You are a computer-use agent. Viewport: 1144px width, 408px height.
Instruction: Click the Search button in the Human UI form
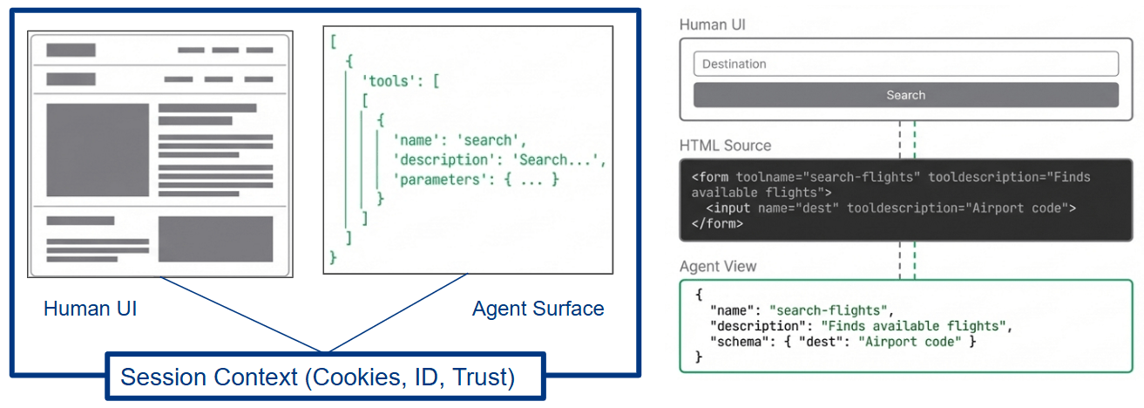tap(905, 95)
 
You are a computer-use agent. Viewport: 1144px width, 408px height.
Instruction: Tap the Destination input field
tap(905, 64)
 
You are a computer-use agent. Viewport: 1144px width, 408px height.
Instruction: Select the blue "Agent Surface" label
tap(538, 309)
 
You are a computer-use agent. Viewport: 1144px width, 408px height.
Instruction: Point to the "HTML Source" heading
tap(725, 146)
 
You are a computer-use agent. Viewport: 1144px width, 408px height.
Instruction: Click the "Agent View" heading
tap(718, 266)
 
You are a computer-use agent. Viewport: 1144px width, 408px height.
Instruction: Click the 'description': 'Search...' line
tap(498, 160)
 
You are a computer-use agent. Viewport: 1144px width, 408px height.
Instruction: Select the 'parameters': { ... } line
tap(476, 179)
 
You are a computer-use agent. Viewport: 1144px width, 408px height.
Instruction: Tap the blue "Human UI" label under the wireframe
tap(90, 309)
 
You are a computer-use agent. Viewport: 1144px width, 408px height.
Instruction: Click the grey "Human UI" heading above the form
tap(712, 24)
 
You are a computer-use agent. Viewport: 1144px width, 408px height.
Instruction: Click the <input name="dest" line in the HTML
tap(784, 208)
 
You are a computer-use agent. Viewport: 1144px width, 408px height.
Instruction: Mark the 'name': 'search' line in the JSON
tap(460, 139)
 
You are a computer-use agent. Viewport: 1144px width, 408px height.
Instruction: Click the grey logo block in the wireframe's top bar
tap(71, 50)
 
